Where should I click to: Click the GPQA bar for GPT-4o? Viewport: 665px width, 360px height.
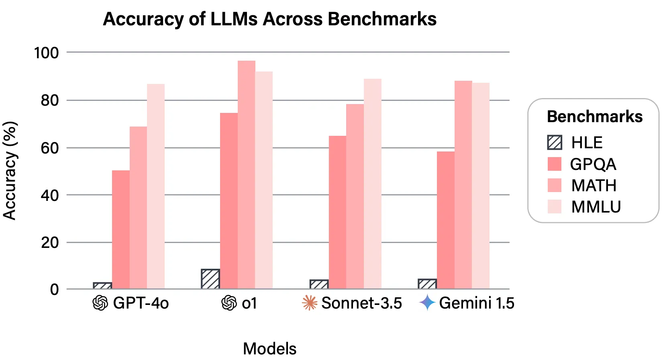120,229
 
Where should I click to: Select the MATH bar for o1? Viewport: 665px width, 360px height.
246,175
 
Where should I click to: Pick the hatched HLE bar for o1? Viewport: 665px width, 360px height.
210,279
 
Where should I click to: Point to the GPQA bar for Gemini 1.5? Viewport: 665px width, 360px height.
445,220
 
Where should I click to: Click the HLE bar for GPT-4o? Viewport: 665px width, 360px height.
102,286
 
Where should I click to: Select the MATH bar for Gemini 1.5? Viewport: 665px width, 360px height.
463,185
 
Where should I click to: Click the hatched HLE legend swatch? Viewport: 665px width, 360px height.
555,143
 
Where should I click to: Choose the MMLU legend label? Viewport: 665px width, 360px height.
596,207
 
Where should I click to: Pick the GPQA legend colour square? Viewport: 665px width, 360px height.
555,164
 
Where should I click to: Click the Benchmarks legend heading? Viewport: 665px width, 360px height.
594,117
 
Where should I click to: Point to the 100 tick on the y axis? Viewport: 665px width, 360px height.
46,53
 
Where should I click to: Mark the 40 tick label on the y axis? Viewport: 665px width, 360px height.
49,196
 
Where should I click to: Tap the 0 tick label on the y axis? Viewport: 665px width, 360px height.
54,289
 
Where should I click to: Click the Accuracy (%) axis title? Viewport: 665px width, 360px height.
10,171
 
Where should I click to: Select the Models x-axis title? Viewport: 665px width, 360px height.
269,348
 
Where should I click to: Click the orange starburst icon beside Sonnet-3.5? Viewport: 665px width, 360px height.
309,303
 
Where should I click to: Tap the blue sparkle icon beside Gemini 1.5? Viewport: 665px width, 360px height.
427,303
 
